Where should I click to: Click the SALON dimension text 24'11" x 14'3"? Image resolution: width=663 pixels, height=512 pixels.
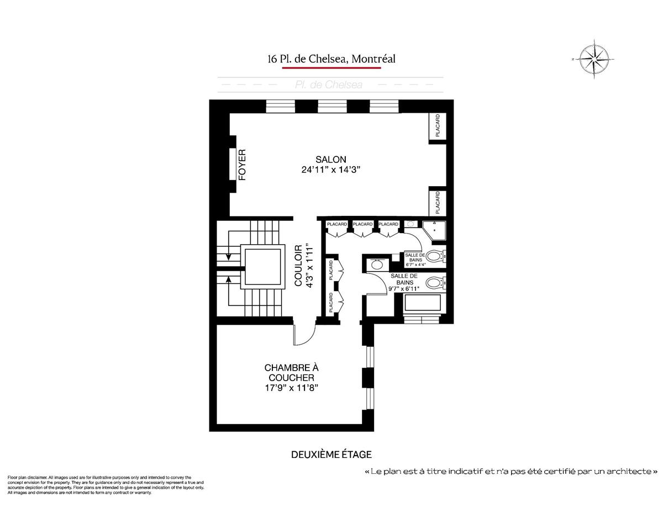(331, 170)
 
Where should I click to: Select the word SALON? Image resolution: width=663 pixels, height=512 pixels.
(331, 160)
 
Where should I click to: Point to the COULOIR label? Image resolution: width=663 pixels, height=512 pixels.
(298, 265)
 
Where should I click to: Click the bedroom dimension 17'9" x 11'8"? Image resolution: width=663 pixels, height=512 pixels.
(292, 388)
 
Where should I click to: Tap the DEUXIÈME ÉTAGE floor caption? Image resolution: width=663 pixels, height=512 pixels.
(331, 455)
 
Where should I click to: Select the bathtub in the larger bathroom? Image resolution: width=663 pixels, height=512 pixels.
(422, 304)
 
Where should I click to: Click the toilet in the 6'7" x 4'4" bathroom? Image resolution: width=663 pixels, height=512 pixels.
(435, 256)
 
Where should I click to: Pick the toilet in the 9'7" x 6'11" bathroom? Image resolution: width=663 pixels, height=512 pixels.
(435, 284)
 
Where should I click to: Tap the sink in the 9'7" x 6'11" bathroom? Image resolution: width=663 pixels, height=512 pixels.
(378, 265)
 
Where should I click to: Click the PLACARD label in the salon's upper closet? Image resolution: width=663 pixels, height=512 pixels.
(438, 125)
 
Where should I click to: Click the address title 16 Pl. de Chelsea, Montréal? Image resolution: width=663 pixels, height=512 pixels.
(331, 59)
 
